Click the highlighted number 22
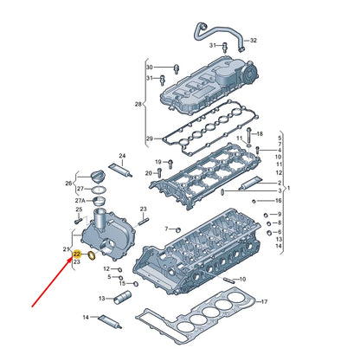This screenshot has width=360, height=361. click(x=77, y=255)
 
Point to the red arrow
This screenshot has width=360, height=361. click(x=52, y=281)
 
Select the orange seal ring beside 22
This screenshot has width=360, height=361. click(x=92, y=255)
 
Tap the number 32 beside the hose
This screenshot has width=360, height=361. click(x=254, y=41)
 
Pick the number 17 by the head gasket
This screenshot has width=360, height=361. click(x=264, y=302)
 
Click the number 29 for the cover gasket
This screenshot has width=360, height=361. click(x=149, y=139)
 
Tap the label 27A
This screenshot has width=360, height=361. click(x=80, y=201)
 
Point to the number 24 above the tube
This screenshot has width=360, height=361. click(x=122, y=156)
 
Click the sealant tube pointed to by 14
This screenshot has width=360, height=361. click(x=111, y=322)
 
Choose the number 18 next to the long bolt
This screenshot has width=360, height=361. click(x=260, y=133)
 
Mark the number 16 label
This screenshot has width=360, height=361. click(x=278, y=201)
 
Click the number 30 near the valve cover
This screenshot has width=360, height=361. click(x=149, y=68)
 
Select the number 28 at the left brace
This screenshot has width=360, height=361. click(x=138, y=104)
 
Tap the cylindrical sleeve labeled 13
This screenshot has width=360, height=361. click(x=122, y=298)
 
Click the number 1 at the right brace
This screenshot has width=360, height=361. click(x=289, y=188)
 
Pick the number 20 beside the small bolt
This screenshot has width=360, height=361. click(x=148, y=173)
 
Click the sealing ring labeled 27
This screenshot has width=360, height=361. click(x=99, y=190)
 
